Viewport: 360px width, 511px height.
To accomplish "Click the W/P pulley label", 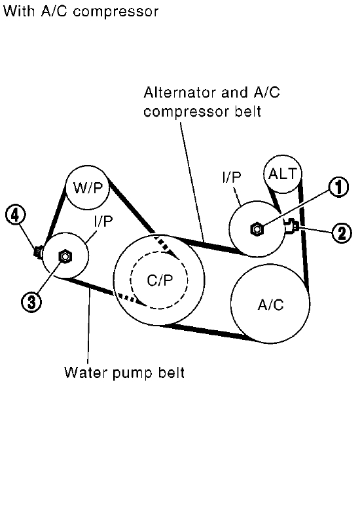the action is [88, 188].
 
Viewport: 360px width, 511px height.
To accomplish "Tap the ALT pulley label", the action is [283, 174].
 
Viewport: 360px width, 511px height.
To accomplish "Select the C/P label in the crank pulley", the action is [160, 280].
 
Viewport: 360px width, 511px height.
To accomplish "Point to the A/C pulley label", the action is [270, 305].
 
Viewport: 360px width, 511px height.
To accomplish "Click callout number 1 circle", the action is [338, 187].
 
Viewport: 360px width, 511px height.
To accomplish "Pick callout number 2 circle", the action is [342, 233].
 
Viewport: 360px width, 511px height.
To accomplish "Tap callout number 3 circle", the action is [31, 302].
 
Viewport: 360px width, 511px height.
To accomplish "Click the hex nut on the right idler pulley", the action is [257, 229].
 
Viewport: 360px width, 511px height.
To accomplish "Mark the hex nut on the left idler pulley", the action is [65, 256].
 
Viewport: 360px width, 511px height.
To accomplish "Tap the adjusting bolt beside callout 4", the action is [39, 252].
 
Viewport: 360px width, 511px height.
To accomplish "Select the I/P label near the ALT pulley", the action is [232, 177].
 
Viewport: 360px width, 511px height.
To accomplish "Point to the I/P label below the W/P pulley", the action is [103, 221].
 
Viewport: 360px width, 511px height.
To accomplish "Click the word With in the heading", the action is [18, 11].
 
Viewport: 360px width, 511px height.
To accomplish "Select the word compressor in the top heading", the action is [116, 12].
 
